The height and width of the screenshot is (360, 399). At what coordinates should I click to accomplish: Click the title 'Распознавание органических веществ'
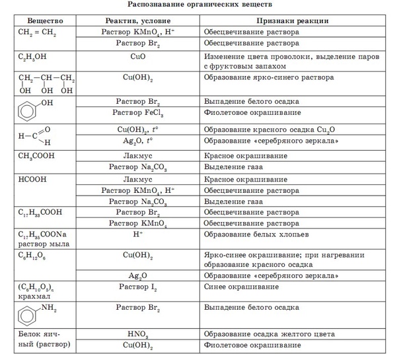(x=199, y=6)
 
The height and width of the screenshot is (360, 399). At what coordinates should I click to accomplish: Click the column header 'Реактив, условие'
(x=137, y=20)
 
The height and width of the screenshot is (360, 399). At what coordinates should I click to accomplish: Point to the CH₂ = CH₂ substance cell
(x=34, y=32)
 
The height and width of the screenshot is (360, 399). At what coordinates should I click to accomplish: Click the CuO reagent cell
(x=137, y=57)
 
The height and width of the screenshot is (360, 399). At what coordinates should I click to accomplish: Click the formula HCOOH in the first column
(x=30, y=179)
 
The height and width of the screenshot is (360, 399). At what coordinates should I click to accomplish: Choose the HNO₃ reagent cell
(x=137, y=334)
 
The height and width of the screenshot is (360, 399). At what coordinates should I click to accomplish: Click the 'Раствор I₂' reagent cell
(x=137, y=287)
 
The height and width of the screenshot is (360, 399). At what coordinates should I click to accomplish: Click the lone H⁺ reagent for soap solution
(x=137, y=234)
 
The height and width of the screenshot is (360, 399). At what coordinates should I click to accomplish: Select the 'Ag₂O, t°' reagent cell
(x=137, y=141)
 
